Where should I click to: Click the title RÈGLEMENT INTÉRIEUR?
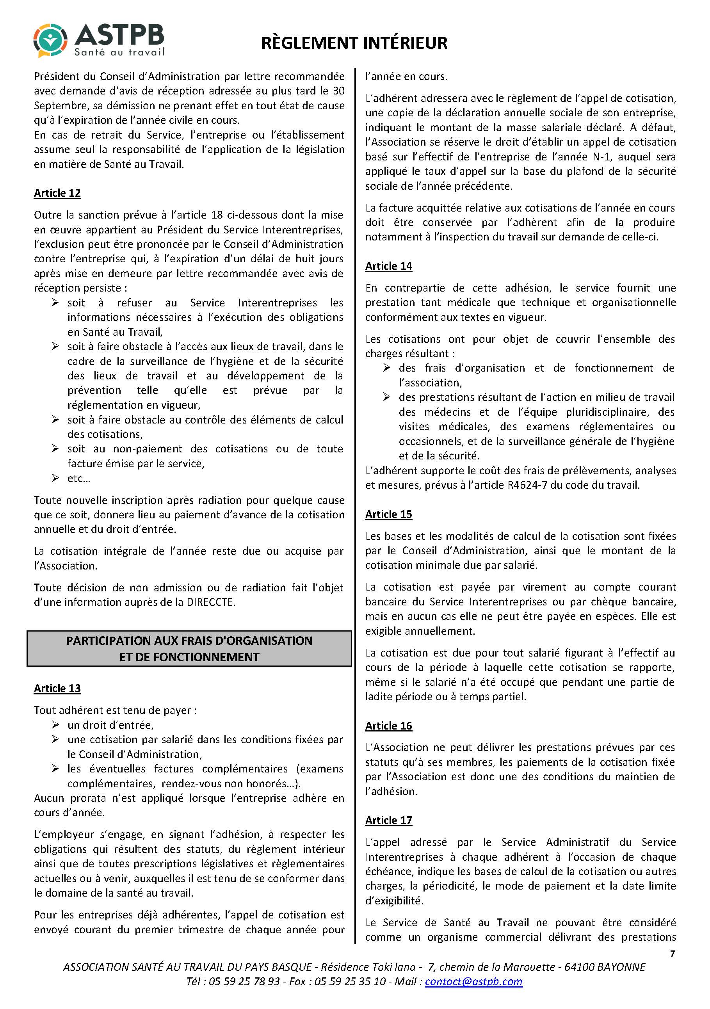(354, 43)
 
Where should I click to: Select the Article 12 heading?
(57, 193)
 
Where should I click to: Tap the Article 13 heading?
(57, 688)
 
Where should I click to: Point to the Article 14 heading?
(388, 266)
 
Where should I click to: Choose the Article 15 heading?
(388, 514)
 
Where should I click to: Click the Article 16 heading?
(388, 726)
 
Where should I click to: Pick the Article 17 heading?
(388, 820)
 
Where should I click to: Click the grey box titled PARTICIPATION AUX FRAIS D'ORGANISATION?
(189, 649)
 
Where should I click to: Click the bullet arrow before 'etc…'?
(55, 478)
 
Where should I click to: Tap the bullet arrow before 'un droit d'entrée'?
(55, 725)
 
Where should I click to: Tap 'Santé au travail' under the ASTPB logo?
(119, 52)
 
